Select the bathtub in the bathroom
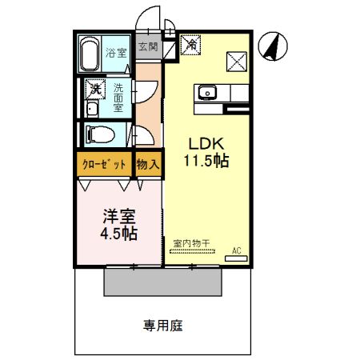pyautogui.click(x=90, y=54)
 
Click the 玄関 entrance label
pyautogui.click(x=148, y=47)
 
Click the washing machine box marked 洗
pyautogui.click(x=94, y=88)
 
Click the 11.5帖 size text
pyautogui.click(x=207, y=162)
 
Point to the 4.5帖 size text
pyautogui.click(x=117, y=234)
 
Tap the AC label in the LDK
pyautogui.click(x=236, y=250)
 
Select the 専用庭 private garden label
pyautogui.click(x=163, y=326)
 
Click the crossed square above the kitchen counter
pyautogui.click(x=237, y=60)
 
